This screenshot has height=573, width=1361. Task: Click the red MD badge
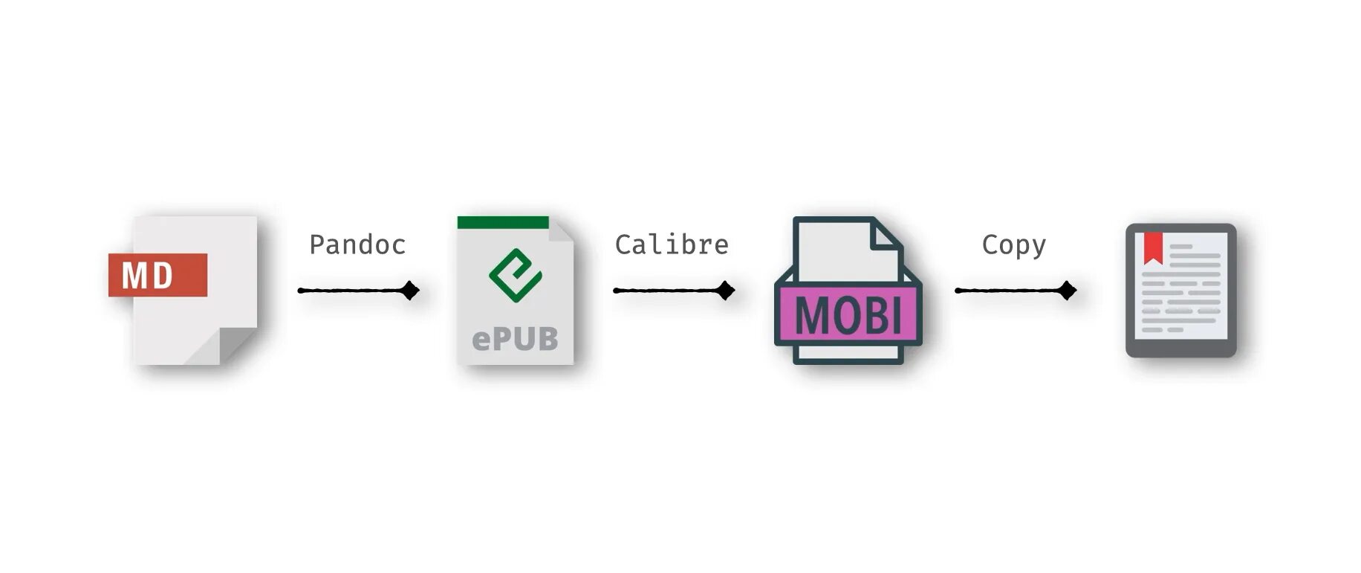(x=157, y=275)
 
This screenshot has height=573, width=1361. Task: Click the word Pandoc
(x=357, y=245)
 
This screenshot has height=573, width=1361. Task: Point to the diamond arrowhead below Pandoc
(x=410, y=291)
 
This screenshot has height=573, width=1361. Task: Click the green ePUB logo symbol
(x=515, y=275)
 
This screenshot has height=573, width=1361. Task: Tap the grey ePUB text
(x=515, y=339)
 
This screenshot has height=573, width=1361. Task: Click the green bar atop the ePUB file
(x=503, y=222)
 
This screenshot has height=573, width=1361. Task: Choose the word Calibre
(x=672, y=245)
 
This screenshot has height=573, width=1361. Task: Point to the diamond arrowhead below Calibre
(x=726, y=291)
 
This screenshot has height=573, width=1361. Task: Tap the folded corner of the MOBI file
(x=886, y=235)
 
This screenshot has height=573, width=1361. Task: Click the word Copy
(x=1013, y=245)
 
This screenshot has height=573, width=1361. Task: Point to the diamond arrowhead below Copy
(x=1068, y=291)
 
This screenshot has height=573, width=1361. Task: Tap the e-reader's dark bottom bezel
(x=1180, y=349)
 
